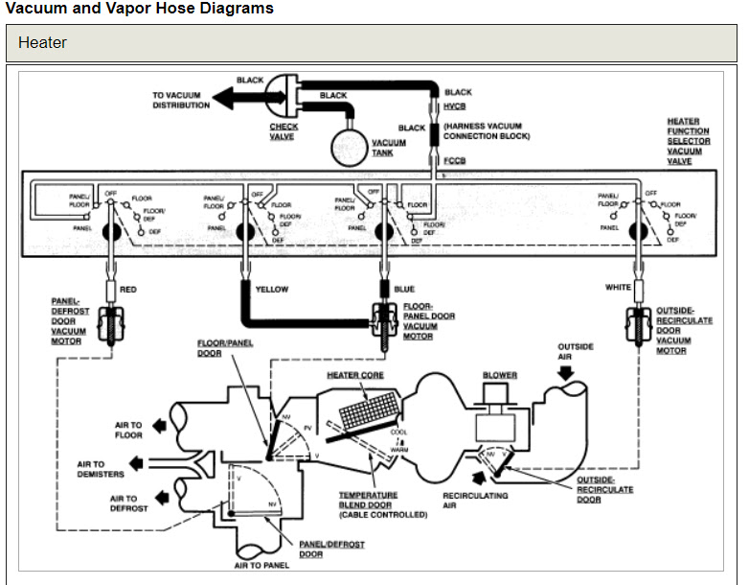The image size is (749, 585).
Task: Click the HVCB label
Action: click(x=455, y=106)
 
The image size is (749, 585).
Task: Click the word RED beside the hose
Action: click(x=128, y=289)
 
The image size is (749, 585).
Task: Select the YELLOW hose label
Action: click(x=272, y=289)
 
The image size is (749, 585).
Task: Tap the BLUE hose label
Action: click(x=404, y=289)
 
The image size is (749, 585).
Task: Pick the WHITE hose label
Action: click(x=618, y=287)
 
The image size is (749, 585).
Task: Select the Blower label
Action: click(x=500, y=375)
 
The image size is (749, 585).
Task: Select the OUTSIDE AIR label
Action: click(x=576, y=351)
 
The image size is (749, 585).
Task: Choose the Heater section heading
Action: click(x=42, y=43)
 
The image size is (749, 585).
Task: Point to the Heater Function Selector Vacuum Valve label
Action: click(x=689, y=142)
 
